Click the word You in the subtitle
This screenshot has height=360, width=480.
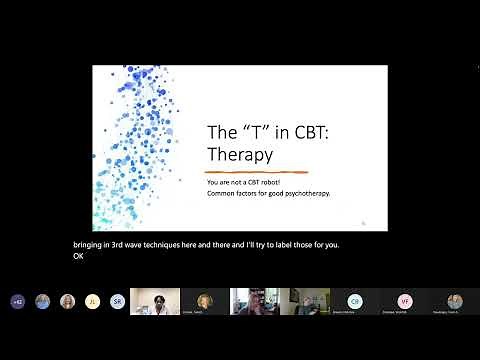coord(212,183)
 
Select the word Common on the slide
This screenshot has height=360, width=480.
coord(221,193)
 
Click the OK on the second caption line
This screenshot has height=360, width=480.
coord(79,256)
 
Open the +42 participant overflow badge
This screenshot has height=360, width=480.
coord(17,301)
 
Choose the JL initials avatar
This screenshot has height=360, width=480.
coord(92,301)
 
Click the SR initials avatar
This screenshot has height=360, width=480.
coord(117,301)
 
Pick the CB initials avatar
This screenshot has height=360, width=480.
coord(354,301)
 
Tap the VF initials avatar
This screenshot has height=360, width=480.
coord(405,301)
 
